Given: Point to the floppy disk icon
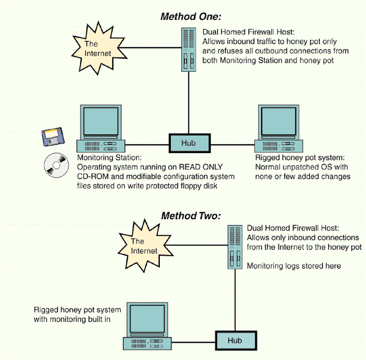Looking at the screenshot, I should (x=50, y=138).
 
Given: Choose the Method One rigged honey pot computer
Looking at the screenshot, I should (x=279, y=128).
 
